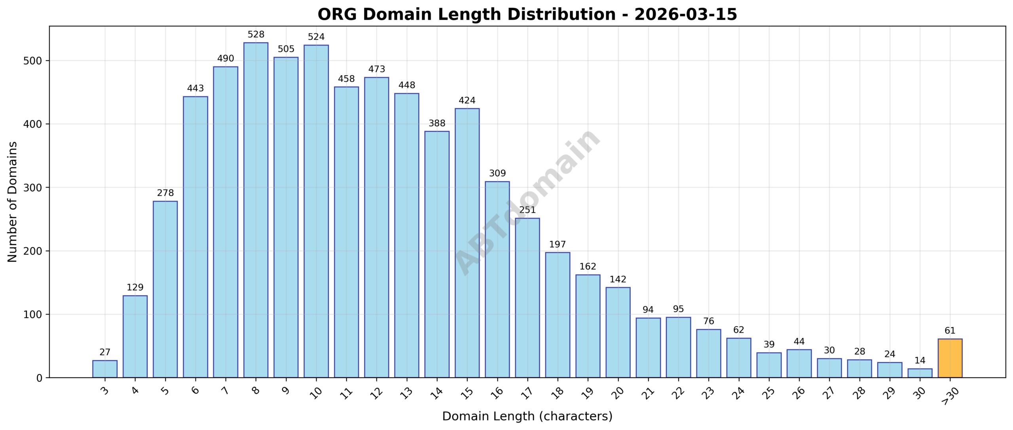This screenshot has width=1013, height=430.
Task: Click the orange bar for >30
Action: click(950, 358)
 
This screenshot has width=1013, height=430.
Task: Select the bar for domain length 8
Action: click(256, 210)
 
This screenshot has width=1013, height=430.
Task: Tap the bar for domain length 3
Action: click(105, 369)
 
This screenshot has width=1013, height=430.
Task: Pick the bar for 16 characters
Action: click(497, 280)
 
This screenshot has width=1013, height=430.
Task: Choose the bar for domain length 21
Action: click(648, 348)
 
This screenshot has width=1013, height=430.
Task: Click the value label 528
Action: click(256, 35)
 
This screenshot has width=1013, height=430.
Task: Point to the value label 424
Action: click(467, 100)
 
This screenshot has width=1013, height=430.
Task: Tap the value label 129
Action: click(135, 288)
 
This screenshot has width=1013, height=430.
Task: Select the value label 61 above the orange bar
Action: click(950, 331)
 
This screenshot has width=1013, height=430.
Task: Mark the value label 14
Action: click(920, 361)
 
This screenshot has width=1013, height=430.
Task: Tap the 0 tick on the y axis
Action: click(39, 378)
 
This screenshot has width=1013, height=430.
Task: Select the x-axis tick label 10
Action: click(315, 393)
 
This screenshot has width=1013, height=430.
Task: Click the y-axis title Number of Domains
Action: click(13, 202)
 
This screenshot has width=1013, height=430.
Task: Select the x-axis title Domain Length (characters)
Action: click(527, 416)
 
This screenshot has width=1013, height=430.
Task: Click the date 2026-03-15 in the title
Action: click(685, 15)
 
